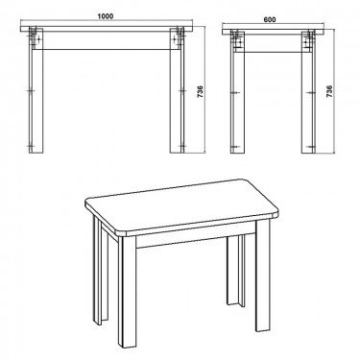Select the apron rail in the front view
point(108,40)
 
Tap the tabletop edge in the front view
point(108,29)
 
